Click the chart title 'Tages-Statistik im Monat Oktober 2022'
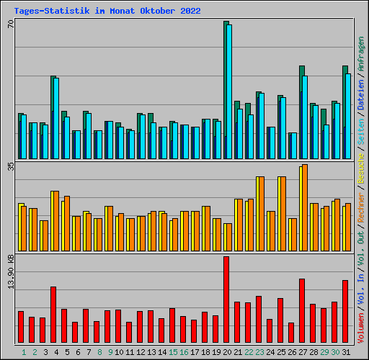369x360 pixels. pyautogui.click(x=107, y=12)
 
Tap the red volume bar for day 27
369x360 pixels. pyautogui.click(x=302, y=310)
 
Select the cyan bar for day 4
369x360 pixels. pyautogui.click(x=56, y=118)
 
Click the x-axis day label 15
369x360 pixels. pyautogui.click(x=173, y=352)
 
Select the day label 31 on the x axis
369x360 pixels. pyautogui.click(x=346, y=352)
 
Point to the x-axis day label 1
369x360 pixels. pyautogui.click(x=24, y=352)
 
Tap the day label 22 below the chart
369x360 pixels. pyautogui.click(x=249, y=352)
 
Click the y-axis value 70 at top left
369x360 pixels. pyautogui.click(x=11, y=24)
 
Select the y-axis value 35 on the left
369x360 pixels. pyautogui.click(x=11, y=166)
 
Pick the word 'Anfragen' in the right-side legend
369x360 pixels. pyautogui.click(x=360, y=54)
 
